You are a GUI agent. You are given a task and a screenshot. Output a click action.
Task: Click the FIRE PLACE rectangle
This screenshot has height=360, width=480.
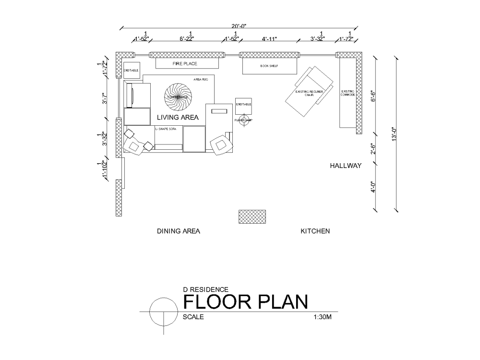[185, 63]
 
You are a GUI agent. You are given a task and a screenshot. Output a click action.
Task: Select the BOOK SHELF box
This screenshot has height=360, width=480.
[269, 66]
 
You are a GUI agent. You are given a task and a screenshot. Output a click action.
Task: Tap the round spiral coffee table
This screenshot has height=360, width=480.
[178, 96]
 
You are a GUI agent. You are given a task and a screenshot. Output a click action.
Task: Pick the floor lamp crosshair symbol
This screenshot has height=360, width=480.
[243, 120]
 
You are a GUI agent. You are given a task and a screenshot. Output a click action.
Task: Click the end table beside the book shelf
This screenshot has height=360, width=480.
[243, 106]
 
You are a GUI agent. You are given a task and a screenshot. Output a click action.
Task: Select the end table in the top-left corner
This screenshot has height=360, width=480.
[131, 71]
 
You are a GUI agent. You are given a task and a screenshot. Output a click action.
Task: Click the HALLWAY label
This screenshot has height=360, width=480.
[345, 166]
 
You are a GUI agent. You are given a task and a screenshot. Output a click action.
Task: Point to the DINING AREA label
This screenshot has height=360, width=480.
[179, 231]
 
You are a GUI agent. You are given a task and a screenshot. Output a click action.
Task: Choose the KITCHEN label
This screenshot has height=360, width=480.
[315, 231]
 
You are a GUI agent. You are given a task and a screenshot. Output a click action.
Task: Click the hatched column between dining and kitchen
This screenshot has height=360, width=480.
[252, 216]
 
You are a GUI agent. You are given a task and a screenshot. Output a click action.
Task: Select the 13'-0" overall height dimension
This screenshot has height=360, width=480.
[394, 133]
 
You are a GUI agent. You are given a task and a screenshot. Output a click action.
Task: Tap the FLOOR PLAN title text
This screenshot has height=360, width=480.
[245, 302]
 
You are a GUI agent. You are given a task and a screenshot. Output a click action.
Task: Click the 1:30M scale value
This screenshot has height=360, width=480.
[323, 317]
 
